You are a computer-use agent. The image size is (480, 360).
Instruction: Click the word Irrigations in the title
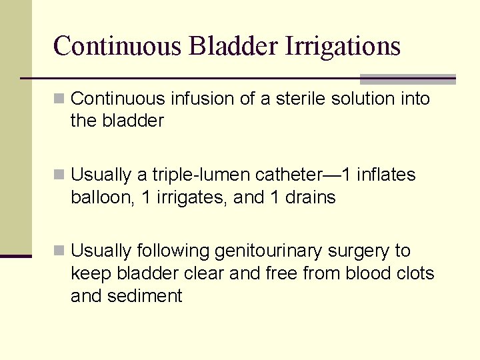(343, 46)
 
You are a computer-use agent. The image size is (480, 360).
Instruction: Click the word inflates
(386, 175)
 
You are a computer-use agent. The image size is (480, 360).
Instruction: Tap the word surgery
(359, 251)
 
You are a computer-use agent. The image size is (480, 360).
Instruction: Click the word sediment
(145, 296)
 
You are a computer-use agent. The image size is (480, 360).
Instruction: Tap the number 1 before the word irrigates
(147, 197)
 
